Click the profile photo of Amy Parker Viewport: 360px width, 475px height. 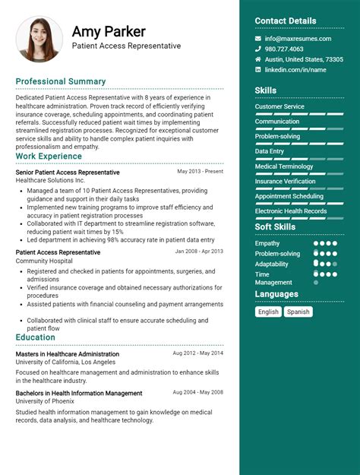pos(39,39)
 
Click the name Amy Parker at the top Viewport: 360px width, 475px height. pos(109,32)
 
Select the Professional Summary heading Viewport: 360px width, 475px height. pos(61,81)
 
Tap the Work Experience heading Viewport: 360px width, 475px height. pos(49,156)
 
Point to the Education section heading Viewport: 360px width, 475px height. pos(35,337)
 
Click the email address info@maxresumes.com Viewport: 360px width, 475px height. pos(298,39)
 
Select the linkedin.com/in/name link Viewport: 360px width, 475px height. pos(295,69)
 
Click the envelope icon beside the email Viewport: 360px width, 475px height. pos(258,39)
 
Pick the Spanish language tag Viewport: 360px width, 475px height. pos(298,312)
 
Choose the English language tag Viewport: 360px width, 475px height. pos(268,312)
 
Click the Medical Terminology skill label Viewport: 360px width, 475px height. pos(284,166)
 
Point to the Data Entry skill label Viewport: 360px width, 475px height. pos(270,151)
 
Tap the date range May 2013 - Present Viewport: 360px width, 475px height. pos(201,172)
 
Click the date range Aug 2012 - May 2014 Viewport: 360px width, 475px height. pos(197,353)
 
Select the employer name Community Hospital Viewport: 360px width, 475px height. pos(44,261)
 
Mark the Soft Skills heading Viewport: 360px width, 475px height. pos(275,227)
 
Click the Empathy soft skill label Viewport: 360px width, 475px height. pos(267,243)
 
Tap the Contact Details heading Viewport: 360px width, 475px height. pos(286,21)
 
